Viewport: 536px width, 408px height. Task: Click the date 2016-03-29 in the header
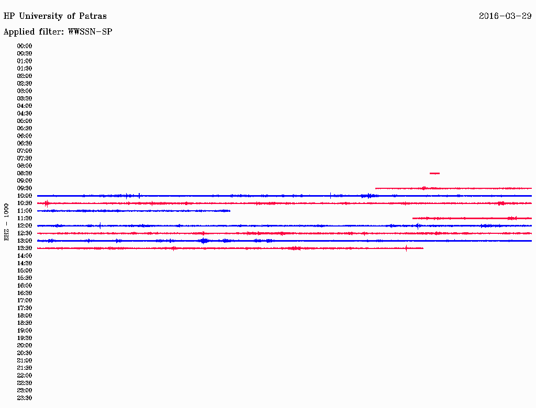click(x=505, y=16)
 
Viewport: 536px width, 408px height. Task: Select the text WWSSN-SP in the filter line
click(x=90, y=32)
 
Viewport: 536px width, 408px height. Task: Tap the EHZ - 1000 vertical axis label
click(x=6, y=222)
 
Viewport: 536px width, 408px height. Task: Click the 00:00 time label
click(x=25, y=46)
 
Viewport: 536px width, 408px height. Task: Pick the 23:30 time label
click(x=25, y=398)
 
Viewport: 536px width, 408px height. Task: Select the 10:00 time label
click(x=25, y=196)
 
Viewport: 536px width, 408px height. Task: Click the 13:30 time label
click(x=25, y=248)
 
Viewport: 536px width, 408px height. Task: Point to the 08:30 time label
click(x=25, y=173)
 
